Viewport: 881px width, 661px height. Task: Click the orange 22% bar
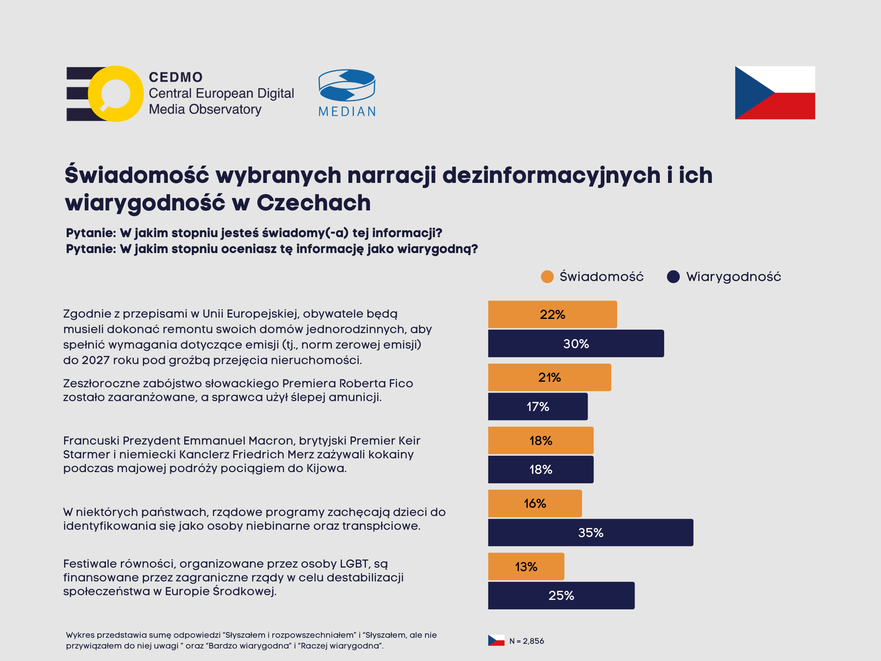tap(552, 314)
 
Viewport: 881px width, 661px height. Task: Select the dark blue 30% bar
tap(576, 343)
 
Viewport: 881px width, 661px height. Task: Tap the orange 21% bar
tap(549, 377)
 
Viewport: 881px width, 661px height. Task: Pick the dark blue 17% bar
tap(538, 406)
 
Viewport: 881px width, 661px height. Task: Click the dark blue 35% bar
tap(590, 532)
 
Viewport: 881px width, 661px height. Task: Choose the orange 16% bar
tap(535, 503)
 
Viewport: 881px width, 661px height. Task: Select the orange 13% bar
tap(526, 566)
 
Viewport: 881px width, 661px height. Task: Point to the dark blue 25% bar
tap(561, 595)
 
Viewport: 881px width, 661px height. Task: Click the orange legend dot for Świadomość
tap(547, 277)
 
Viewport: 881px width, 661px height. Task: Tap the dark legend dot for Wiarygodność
tap(673, 277)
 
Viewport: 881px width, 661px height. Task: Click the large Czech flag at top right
tap(775, 93)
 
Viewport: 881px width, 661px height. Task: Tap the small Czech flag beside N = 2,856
tap(496, 640)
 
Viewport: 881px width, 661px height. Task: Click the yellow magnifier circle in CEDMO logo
tap(115, 94)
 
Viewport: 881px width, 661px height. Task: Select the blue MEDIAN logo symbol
tap(347, 85)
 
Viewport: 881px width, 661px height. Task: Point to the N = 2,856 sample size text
tap(527, 641)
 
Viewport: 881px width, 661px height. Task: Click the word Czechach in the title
tap(314, 203)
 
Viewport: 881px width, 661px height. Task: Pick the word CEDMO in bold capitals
tap(176, 77)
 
